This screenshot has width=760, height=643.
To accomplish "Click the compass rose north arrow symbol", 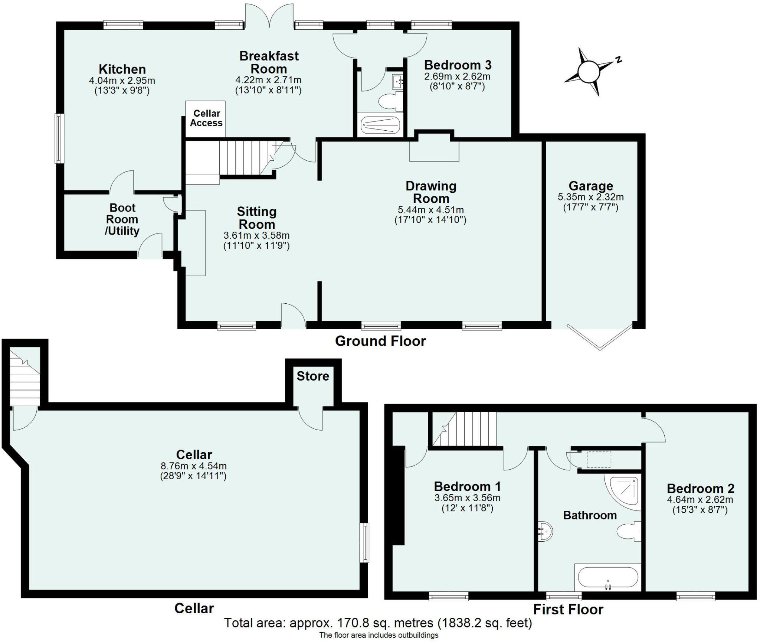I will pyautogui.click(x=590, y=72).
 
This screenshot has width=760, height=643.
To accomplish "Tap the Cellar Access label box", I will pyautogui.click(x=206, y=118).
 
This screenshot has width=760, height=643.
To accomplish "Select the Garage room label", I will pyautogui.click(x=591, y=186).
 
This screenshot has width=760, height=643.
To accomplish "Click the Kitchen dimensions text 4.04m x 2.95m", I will pyautogui.click(x=122, y=80).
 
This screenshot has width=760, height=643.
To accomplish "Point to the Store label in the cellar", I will pyautogui.click(x=313, y=376).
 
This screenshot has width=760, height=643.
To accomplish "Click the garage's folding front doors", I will pyautogui.click(x=600, y=338).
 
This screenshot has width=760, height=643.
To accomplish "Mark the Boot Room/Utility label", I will pyautogui.click(x=122, y=219).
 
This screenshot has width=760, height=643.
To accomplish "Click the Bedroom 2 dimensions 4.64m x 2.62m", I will pyautogui.click(x=700, y=500).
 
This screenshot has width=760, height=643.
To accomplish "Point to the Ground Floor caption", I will pyautogui.click(x=380, y=341).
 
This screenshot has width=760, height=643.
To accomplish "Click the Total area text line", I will pyautogui.click(x=378, y=623).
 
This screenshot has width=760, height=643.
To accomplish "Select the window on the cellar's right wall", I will pyautogui.click(x=366, y=542).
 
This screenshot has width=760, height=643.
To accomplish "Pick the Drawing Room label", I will pyautogui.click(x=430, y=192).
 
